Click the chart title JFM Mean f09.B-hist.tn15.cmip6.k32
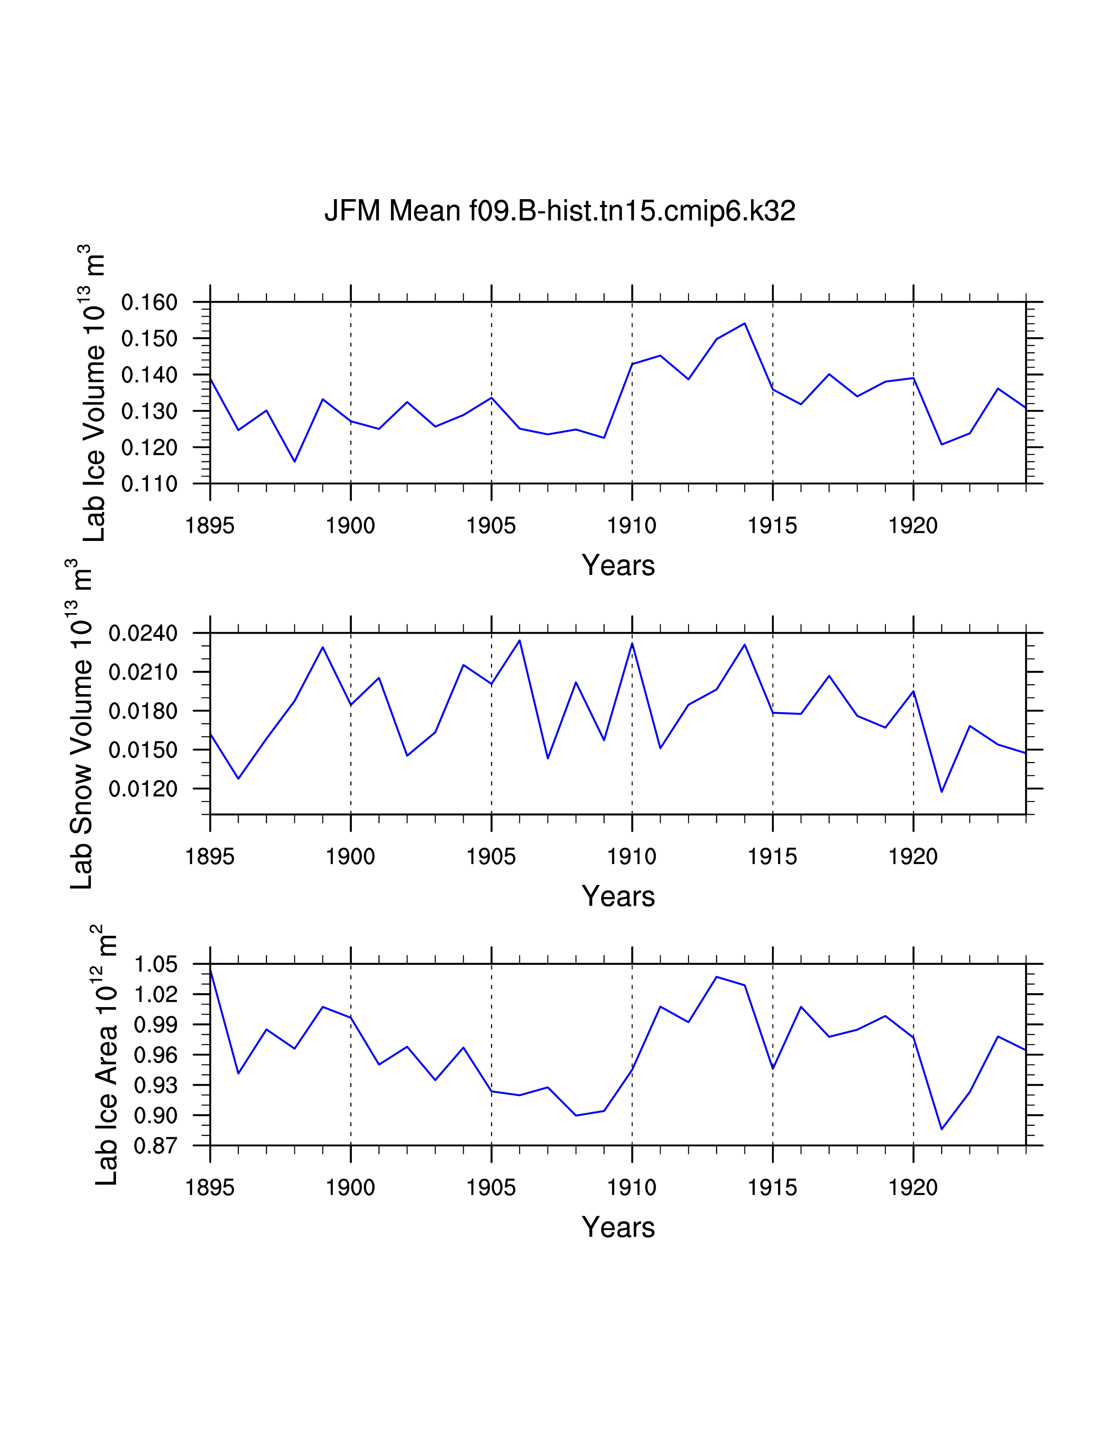click(x=560, y=211)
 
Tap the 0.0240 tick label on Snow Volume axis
click(x=143, y=634)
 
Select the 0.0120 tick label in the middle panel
click(x=143, y=788)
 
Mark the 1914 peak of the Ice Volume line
click(x=745, y=323)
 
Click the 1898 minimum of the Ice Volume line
click(x=294, y=461)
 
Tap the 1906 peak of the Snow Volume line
click(x=520, y=640)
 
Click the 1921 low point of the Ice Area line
click(x=942, y=1129)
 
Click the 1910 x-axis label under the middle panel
click(x=631, y=857)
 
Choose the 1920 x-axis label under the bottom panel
click(x=912, y=1188)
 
